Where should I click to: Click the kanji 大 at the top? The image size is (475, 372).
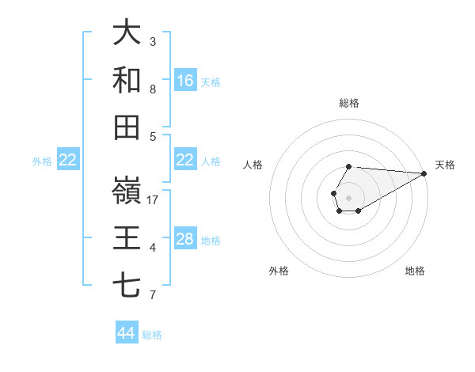(127, 32)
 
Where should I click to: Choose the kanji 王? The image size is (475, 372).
(127, 238)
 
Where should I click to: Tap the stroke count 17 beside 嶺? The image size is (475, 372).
(154, 200)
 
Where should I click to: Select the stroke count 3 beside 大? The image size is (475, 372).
(153, 41)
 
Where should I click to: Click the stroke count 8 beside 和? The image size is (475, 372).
(153, 89)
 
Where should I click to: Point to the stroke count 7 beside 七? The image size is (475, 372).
(153, 295)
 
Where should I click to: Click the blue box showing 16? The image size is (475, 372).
(185, 80)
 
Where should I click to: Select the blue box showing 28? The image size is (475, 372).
(185, 240)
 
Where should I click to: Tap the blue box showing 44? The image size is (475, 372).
(127, 333)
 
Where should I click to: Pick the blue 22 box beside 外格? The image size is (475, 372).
(68, 161)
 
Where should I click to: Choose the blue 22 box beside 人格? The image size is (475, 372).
(185, 160)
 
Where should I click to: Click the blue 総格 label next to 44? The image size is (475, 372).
(152, 335)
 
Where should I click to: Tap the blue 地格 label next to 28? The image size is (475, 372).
(211, 241)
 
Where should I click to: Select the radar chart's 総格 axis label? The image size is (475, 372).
(348, 103)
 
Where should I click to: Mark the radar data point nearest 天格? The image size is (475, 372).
(424, 173)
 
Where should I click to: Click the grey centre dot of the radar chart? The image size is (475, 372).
(348, 196)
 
